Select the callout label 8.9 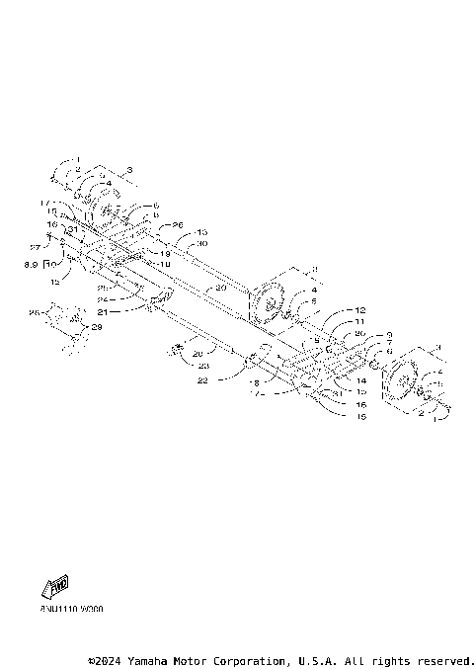[32, 265]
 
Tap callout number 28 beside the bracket [33, 312]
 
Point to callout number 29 [96, 326]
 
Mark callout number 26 [178, 225]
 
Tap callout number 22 [201, 379]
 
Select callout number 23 [201, 366]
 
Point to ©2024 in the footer [107, 659]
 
